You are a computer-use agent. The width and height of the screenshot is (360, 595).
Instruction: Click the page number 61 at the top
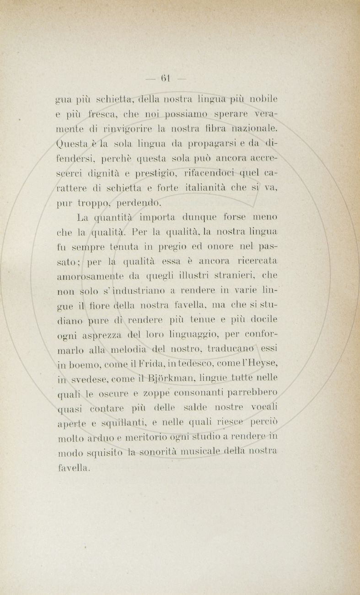[x=165, y=78]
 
